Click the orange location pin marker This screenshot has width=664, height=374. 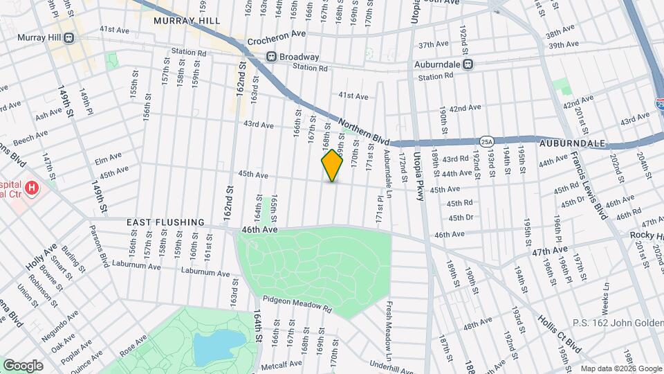click(x=332, y=165)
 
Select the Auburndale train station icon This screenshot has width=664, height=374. click(x=468, y=64)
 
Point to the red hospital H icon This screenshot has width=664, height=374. click(x=31, y=188)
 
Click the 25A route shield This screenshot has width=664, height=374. click(x=488, y=141)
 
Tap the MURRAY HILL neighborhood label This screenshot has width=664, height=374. click(x=187, y=21)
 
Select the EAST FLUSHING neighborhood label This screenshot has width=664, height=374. click(x=165, y=222)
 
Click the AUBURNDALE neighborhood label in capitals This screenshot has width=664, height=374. click(x=573, y=143)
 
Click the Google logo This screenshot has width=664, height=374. click(x=23, y=365)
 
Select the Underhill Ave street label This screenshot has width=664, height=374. click(x=391, y=364)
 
